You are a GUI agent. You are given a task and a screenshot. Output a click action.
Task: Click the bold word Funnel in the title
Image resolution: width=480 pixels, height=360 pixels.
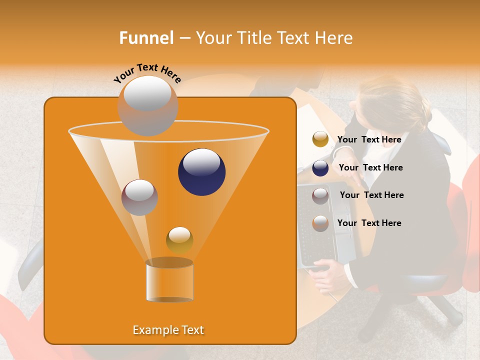tap(146, 38)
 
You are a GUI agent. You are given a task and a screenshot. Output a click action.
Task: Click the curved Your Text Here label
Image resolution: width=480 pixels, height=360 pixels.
tap(147, 73)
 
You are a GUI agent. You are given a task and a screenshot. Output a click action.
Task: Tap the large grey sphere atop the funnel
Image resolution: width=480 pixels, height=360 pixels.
tap(147, 105)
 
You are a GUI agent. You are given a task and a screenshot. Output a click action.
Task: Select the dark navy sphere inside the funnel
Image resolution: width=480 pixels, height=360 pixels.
tap(201, 171)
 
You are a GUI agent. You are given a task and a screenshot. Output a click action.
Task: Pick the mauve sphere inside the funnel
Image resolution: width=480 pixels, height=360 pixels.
tap(139, 197)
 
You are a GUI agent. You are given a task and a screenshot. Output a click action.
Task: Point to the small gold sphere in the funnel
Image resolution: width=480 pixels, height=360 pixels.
tap(179, 240)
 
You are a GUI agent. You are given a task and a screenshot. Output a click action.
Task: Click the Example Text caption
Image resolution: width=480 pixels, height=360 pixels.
tap(168, 330)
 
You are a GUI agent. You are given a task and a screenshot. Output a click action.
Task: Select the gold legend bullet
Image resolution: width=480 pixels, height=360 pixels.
tap(320, 139)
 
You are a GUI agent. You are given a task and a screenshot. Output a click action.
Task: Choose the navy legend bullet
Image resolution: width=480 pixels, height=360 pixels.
tap(320, 168)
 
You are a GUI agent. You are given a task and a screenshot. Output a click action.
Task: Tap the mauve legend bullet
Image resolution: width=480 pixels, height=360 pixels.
tap(320, 196)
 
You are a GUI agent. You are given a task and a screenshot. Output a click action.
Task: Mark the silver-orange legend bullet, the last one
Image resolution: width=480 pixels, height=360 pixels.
tap(320, 223)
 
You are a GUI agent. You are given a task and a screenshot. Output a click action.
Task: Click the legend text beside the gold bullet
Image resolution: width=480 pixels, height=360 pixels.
tap(369, 140)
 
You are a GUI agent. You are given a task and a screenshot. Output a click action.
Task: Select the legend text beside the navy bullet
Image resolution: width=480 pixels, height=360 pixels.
tap(370, 168)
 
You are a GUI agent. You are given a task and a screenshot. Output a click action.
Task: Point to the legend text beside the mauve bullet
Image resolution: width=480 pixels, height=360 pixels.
tap(371, 195)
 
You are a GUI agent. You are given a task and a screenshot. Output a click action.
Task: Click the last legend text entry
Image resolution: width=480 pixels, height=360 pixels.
tap(369, 223)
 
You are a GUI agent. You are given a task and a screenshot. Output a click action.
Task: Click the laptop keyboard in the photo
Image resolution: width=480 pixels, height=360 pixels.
tap(320, 240)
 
